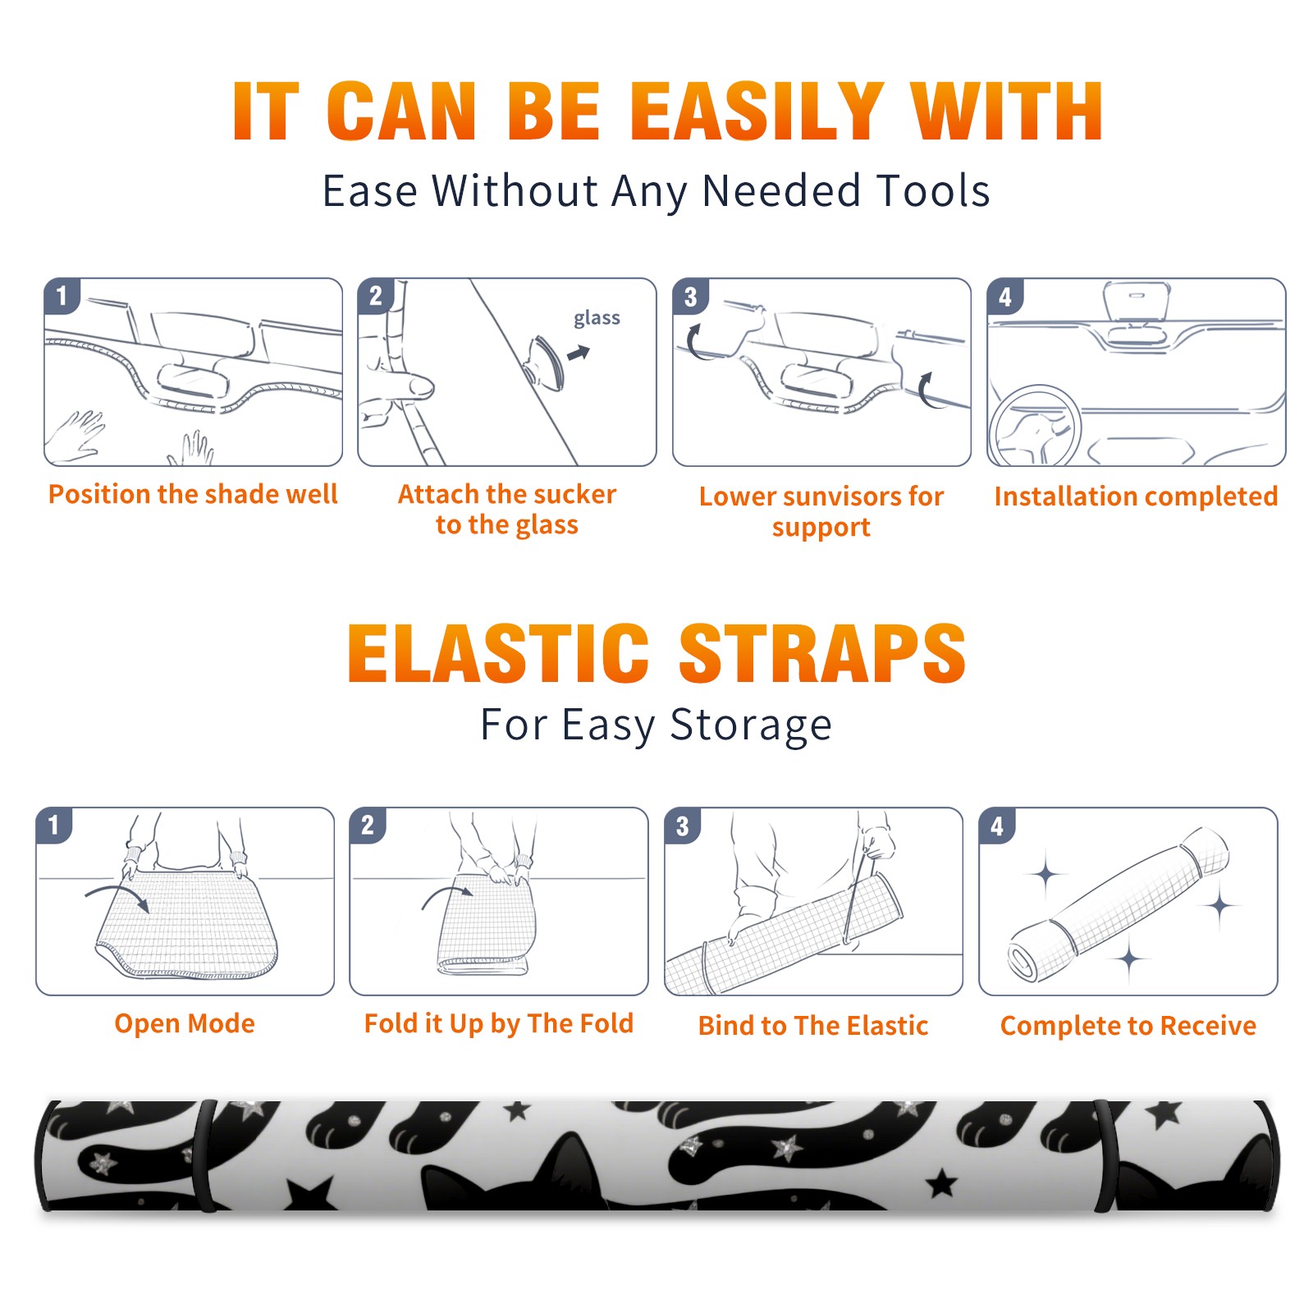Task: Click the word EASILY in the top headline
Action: point(757,112)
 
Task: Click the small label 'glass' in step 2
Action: point(597,318)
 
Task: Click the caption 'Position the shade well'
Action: point(193,494)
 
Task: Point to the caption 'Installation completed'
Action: point(1136,496)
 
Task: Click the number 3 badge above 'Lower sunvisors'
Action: point(690,296)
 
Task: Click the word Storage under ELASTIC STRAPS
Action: point(751,725)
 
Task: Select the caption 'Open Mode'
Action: point(185,1023)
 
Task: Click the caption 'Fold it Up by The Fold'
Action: point(499,1023)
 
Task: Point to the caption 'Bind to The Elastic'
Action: point(813,1025)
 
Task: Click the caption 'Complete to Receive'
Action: point(1128,1025)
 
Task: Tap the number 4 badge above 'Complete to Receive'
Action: point(997,826)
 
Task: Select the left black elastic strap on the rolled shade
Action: point(205,1155)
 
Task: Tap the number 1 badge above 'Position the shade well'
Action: point(62,296)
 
